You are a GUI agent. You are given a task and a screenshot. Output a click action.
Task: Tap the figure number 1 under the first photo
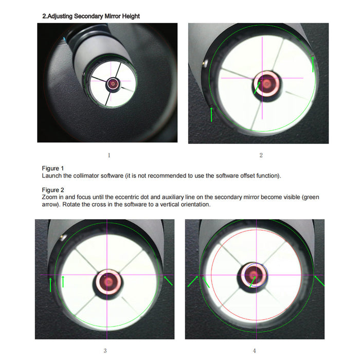click(109, 155)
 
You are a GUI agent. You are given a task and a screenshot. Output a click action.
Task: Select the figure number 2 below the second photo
click(261, 155)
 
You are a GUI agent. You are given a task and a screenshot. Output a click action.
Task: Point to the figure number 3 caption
click(105, 350)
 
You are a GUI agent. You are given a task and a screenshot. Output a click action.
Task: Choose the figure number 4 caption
click(254, 350)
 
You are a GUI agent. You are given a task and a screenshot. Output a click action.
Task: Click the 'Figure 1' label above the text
click(53, 168)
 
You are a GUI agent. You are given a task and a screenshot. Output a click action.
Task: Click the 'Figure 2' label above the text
click(53, 190)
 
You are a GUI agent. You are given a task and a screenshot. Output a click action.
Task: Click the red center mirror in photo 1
click(113, 82)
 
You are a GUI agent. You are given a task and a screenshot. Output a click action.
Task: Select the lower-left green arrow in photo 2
click(211, 114)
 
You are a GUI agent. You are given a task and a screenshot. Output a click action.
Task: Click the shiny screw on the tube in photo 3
click(63, 237)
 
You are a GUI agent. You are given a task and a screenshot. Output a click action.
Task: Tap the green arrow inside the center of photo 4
click(252, 281)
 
